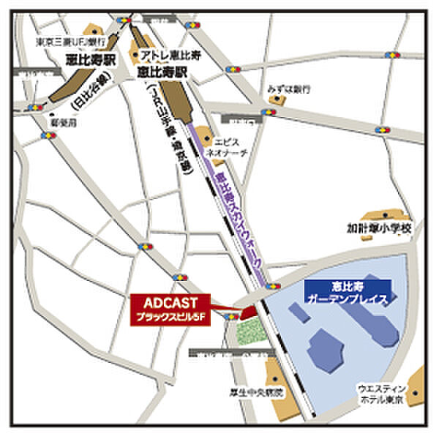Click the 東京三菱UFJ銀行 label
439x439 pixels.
pyautogui.click(x=70, y=42)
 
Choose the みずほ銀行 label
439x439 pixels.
pyautogui.click(x=289, y=89)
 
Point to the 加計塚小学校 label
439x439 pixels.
pyautogui.click(x=380, y=229)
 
